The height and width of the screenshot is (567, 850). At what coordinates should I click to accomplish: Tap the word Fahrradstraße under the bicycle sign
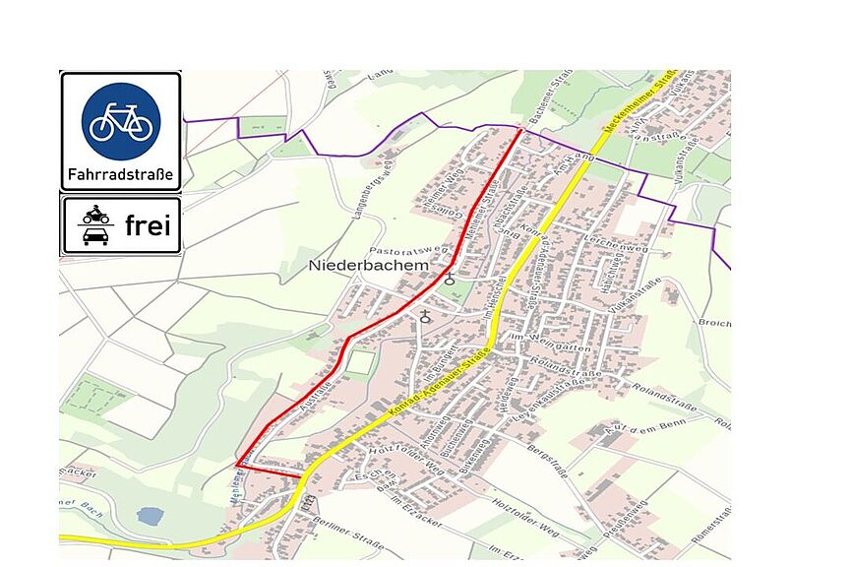pyautogui.click(x=120, y=177)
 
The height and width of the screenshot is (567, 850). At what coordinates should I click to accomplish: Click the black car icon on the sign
pyautogui.click(x=95, y=236)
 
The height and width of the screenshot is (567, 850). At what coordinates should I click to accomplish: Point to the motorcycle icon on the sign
pyautogui.click(x=95, y=215)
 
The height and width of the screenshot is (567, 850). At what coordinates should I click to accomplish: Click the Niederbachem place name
pyautogui.click(x=356, y=266)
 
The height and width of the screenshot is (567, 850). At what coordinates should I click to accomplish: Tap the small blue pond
pyautogui.click(x=148, y=515)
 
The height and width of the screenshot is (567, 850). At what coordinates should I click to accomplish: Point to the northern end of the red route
pyautogui.click(x=519, y=130)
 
